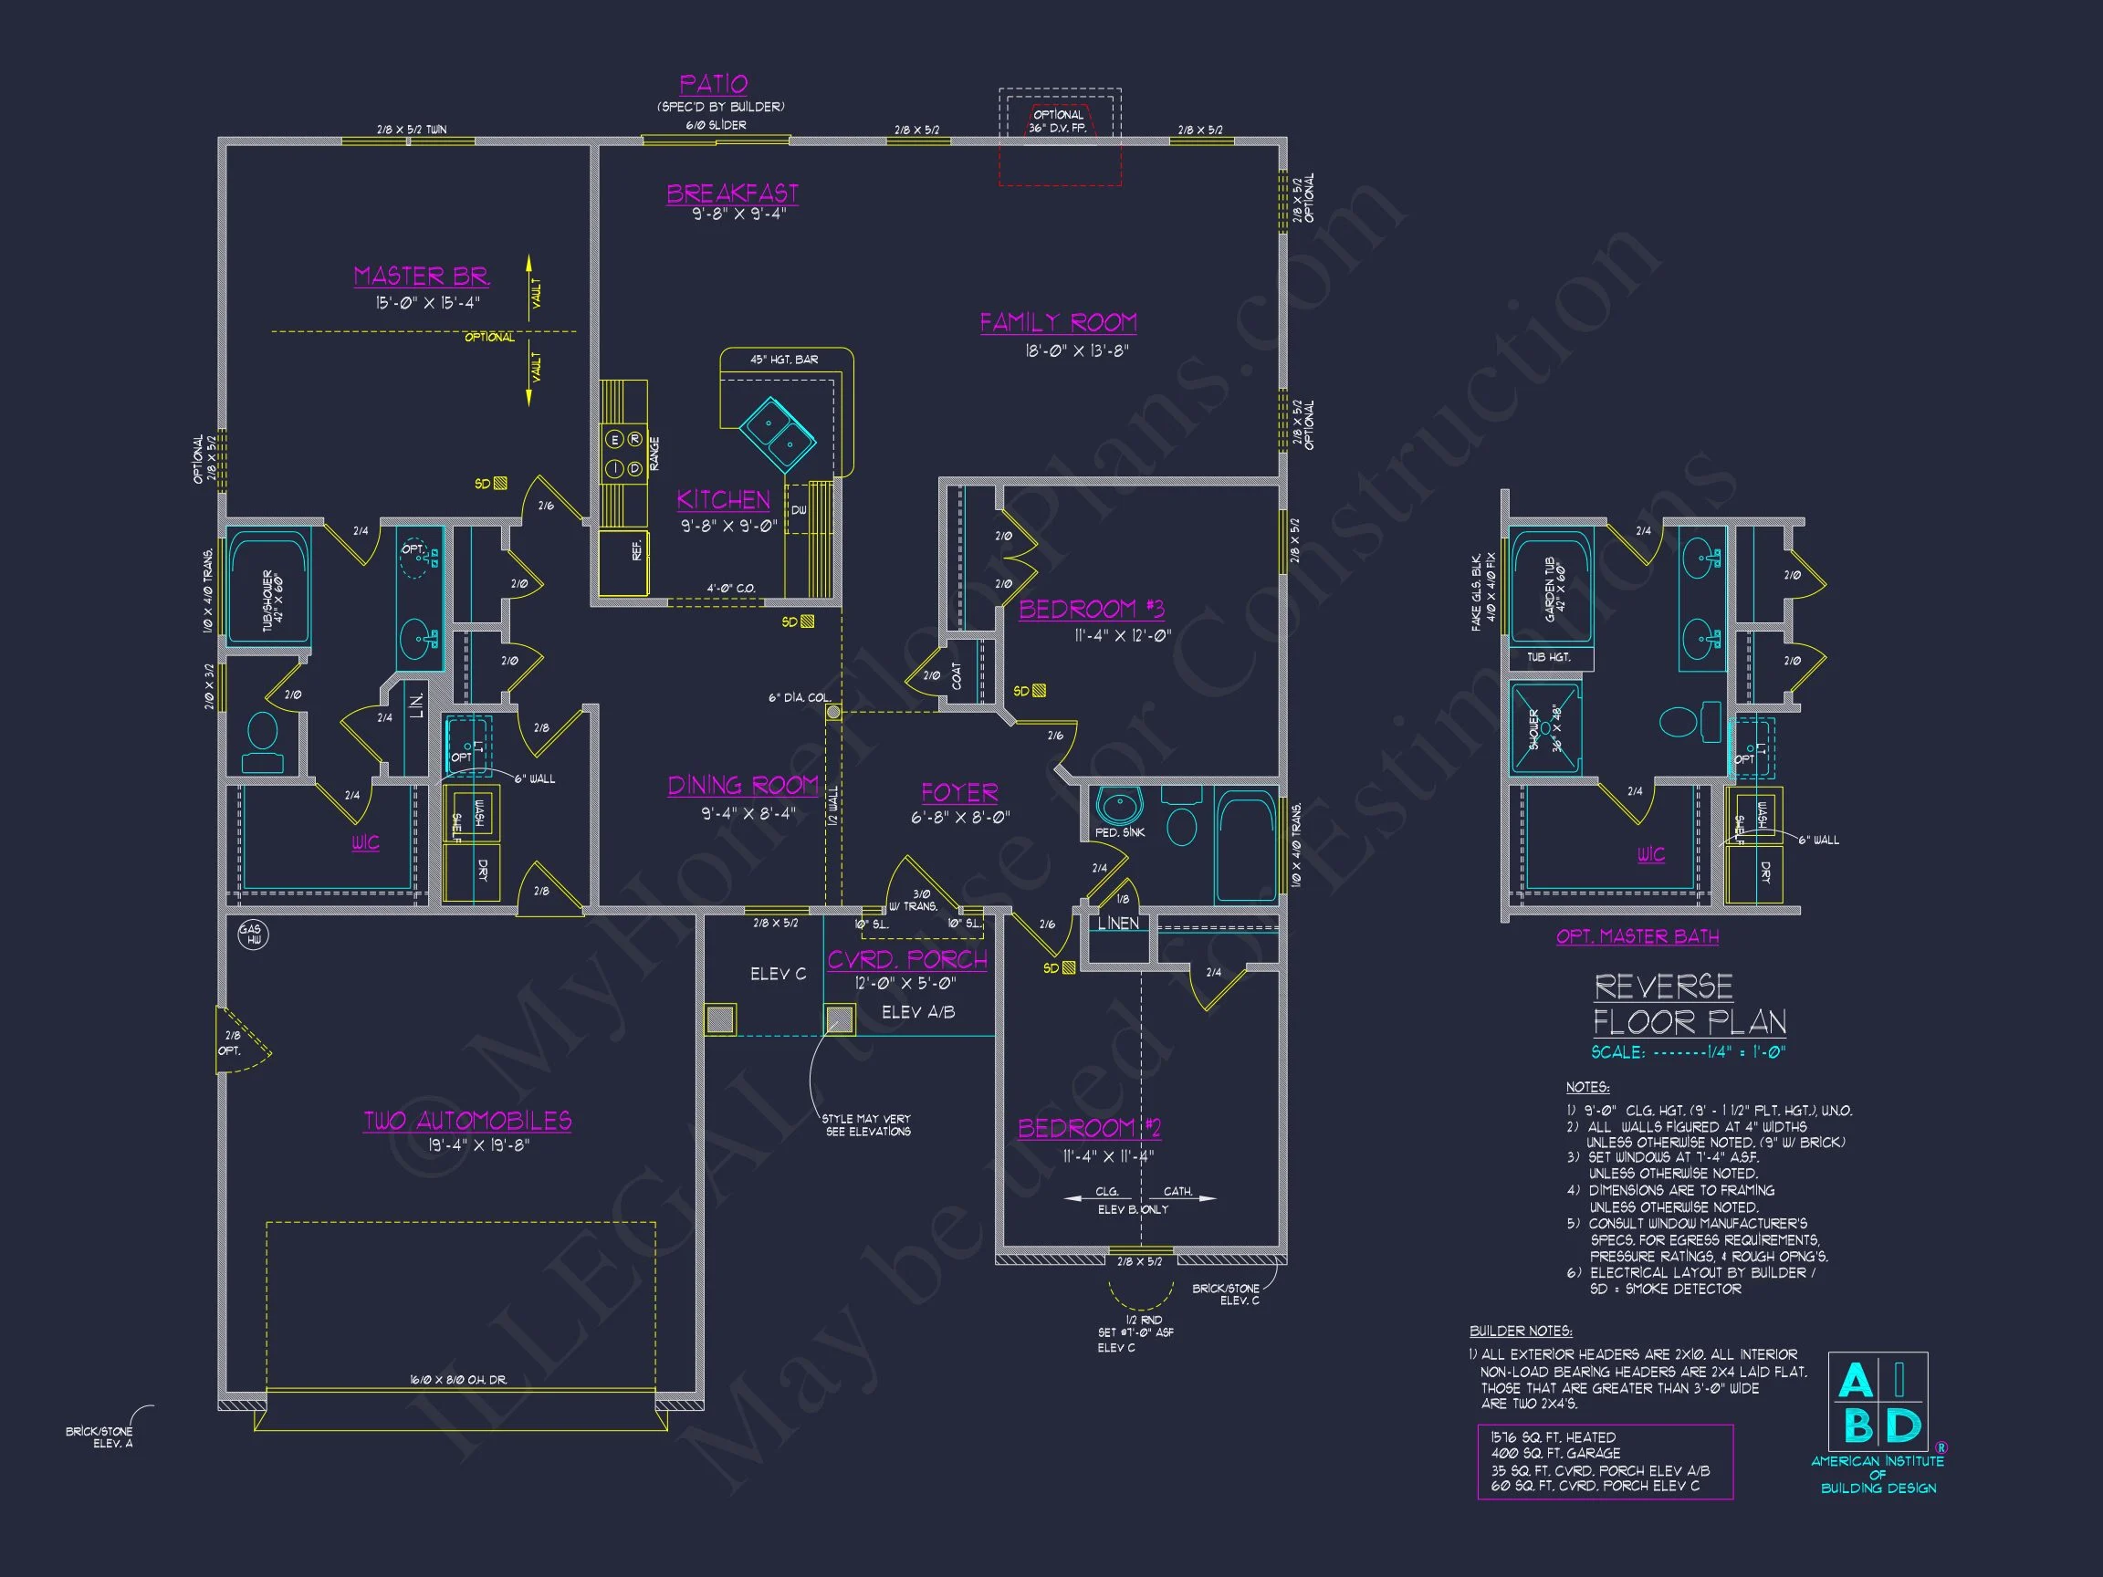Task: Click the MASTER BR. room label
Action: pyautogui.click(x=421, y=277)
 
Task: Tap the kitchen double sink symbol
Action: pyautogui.click(x=777, y=433)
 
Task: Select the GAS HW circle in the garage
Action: pyautogui.click(x=252, y=935)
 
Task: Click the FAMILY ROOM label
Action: pyautogui.click(x=1058, y=323)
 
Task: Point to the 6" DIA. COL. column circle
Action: pyautogui.click(x=832, y=712)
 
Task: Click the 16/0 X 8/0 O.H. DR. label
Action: pyautogui.click(x=459, y=1379)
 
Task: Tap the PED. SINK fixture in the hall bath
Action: pyautogui.click(x=1119, y=806)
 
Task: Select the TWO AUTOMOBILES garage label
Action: pyautogui.click(x=466, y=1121)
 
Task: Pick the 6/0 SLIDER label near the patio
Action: pyautogui.click(x=716, y=125)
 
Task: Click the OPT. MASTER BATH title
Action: pyautogui.click(x=1637, y=936)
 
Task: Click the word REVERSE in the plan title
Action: pyautogui.click(x=1663, y=987)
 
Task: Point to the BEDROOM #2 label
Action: pyautogui.click(x=1089, y=1128)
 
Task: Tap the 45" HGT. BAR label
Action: pyautogui.click(x=783, y=360)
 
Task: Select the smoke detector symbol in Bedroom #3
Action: pyautogui.click(x=1039, y=691)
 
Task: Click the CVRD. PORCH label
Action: pyautogui.click(x=907, y=959)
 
